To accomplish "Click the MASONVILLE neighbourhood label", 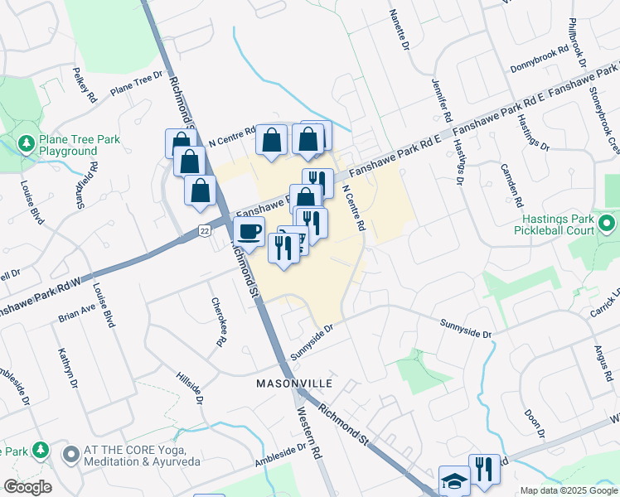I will pyautogui.click(x=294, y=384).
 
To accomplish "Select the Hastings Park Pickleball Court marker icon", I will pyautogui.click(x=607, y=224).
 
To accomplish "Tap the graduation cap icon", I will pyautogui.click(x=454, y=480).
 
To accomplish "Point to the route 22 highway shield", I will pyautogui.click(x=204, y=229).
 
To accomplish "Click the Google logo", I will pyautogui.click(x=27, y=487).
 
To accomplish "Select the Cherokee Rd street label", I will pyautogui.click(x=219, y=321).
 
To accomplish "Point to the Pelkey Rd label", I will pyautogui.click(x=85, y=85).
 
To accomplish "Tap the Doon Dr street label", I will pyautogui.click(x=534, y=423).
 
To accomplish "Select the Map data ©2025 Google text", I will pyautogui.click(x=568, y=490).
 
